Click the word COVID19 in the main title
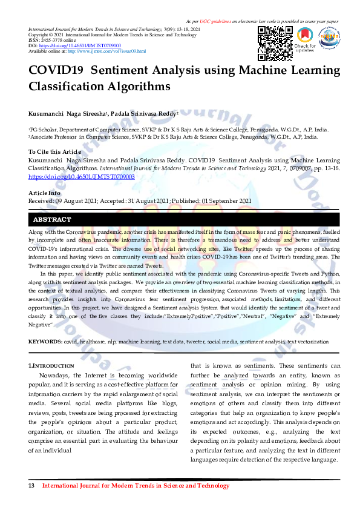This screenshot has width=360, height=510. [x=54, y=70]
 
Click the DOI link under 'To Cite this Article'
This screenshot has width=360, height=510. [x=82, y=176]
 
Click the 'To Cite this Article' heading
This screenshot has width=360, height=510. [x=54, y=151]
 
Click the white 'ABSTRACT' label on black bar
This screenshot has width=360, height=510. [x=52, y=219]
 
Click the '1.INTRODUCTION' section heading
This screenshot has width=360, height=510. [x=51, y=366]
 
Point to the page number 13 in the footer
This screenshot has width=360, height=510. [x=32, y=486]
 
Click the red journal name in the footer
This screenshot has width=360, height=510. [x=136, y=486]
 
